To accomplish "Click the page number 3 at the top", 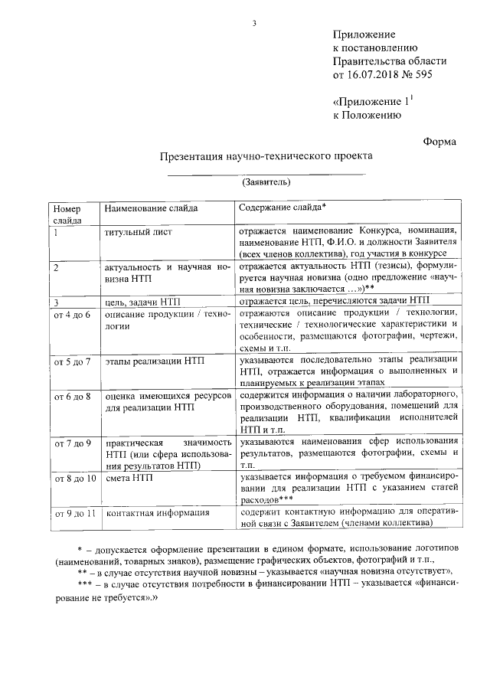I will tap(253, 21).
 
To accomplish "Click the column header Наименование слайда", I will tap(151, 208).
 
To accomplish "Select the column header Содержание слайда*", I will tap(283, 208).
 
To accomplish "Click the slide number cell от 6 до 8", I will tap(72, 397).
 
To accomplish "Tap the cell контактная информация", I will tap(157, 512).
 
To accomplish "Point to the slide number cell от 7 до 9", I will tap(72, 443).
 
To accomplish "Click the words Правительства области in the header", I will tap(389, 62).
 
